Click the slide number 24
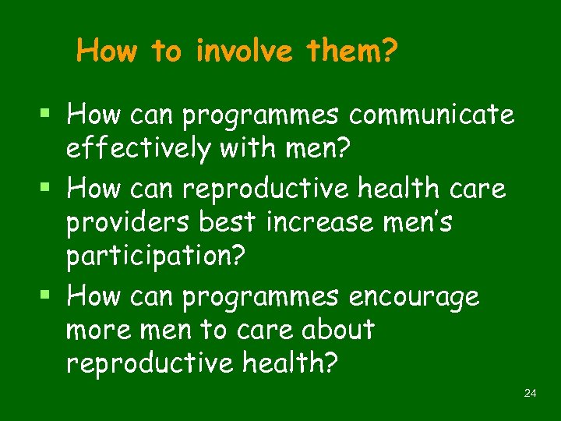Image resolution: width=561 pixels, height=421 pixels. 531,394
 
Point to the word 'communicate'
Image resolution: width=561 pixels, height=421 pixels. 432,115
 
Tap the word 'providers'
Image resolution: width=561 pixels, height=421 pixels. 128,223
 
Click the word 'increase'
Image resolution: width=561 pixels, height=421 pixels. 326,223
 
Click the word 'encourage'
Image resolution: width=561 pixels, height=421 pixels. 414,296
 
